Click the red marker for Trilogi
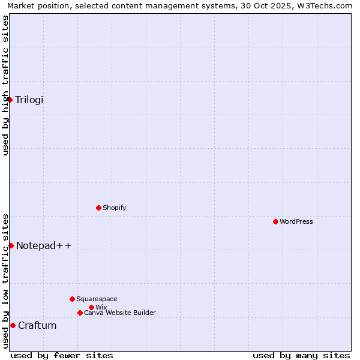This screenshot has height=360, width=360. (x=10, y=100)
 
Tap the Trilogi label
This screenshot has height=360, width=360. (x=29, y=100)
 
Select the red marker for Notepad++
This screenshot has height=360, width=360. (x=11, y=245)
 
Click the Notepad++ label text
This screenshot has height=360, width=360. (x=44, y=245)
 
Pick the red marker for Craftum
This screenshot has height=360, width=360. (x=13, y=325)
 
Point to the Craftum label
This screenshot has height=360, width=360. (x=37, y=325)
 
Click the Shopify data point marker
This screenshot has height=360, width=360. (x=98, y=208)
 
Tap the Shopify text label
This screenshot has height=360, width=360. (x=115, y=208)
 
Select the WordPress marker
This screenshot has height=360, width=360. (x=275, y=221)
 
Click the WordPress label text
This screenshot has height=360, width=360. (x=296, y=221)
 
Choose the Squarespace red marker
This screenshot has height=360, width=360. (x=72, y=299)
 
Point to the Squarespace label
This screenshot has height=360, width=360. (x=97, y=299)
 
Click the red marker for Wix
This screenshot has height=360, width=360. (x=91, y=307)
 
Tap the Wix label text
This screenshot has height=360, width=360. (x=101, y=307)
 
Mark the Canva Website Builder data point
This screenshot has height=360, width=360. (x=80, y=313)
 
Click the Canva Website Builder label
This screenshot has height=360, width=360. (x=120, y=313)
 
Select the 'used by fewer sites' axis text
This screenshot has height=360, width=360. (x=62, y=355)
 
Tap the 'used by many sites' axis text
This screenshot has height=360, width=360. (x=301, y=355)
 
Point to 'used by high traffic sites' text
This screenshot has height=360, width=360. (x=5, y=85)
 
